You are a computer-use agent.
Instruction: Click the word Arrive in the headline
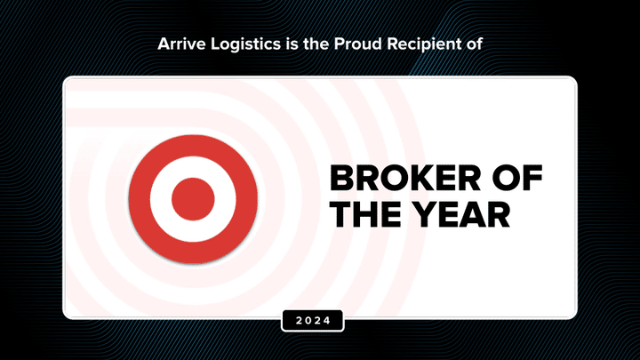tap(181, 44)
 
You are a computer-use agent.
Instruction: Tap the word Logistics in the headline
tap(245, 44)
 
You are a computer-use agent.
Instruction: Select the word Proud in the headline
tap(357, 44)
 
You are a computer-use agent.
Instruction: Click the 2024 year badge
tap(313, 320)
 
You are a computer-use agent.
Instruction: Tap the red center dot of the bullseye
tap(193, 199)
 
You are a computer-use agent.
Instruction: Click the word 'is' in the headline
tap(292, 44)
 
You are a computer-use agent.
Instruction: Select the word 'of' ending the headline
tap(475, 44)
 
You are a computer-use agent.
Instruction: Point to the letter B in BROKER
tap(341, 178)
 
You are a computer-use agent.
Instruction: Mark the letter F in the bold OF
tap(532, 178)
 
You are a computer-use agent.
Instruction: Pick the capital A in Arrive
tap(164, 44)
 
